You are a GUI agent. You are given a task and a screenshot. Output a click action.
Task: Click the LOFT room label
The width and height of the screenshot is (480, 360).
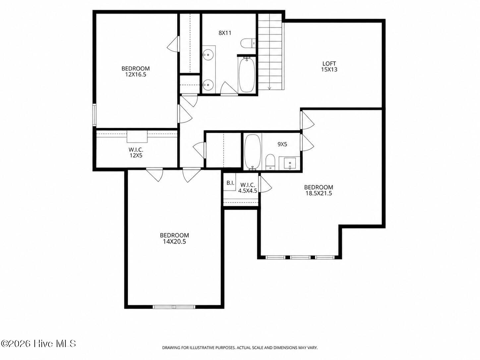[329, 64]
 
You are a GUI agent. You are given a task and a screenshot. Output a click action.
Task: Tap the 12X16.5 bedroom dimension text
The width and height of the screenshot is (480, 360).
[136, 75]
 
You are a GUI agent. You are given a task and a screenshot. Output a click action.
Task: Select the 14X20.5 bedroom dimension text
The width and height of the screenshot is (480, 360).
[174, 242]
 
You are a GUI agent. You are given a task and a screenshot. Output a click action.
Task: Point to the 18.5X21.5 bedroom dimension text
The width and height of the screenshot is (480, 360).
[319, 193]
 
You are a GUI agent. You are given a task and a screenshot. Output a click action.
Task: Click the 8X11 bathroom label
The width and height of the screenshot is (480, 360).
[225, 33]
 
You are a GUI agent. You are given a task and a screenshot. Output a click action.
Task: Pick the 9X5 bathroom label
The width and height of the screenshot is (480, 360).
[282, 144]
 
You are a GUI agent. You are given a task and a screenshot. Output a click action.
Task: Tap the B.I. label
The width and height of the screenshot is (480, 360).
[230, 183]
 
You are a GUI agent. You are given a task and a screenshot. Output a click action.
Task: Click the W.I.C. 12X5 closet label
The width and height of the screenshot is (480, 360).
[136, 152]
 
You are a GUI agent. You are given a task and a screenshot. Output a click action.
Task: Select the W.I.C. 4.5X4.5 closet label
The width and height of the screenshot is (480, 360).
[248, 188]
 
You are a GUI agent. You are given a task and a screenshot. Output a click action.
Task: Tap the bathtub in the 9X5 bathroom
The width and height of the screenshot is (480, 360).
[253, 152]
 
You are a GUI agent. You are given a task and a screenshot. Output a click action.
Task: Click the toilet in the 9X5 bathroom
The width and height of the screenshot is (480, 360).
[270, 162]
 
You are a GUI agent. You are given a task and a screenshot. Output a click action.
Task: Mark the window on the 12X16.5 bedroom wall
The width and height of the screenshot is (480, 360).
[94, 115]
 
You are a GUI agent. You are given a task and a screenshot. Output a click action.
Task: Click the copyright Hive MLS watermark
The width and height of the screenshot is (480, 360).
[38, 344]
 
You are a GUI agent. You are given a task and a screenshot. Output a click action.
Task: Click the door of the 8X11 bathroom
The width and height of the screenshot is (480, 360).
[228, 89]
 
